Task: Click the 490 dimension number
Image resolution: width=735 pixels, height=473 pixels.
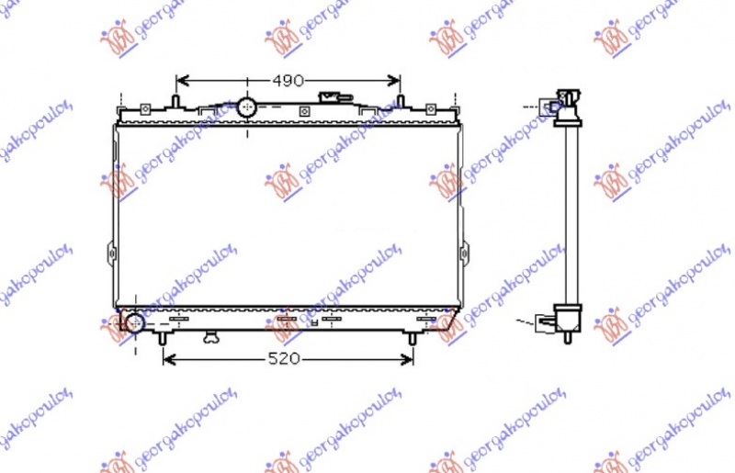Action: coord(288,81)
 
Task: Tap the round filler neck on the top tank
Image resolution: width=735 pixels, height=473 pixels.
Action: coord(247,107)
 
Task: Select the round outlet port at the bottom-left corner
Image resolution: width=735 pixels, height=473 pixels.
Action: coord(135,323)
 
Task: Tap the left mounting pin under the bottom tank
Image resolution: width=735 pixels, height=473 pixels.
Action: coord(164,337)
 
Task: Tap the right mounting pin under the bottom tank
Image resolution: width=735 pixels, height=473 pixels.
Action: coord(413,337)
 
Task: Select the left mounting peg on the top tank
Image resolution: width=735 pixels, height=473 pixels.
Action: coord(175,99)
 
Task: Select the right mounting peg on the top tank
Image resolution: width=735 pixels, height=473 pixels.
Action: coord(401,99)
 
